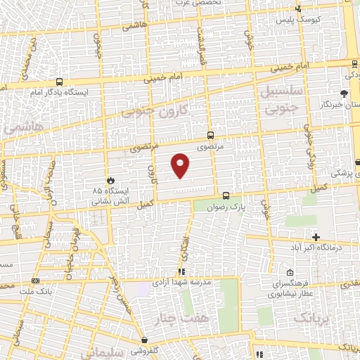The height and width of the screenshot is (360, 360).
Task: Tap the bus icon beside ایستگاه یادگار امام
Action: (58, 81)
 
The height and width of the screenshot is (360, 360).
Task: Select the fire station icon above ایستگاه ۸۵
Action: (110, 179)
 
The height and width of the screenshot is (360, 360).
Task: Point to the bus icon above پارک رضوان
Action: (226, 196)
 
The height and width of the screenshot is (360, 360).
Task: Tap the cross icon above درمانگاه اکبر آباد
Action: (316, 237)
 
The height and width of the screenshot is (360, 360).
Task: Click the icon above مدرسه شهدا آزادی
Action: (181, 271)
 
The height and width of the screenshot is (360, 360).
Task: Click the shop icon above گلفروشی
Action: (145, 320)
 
